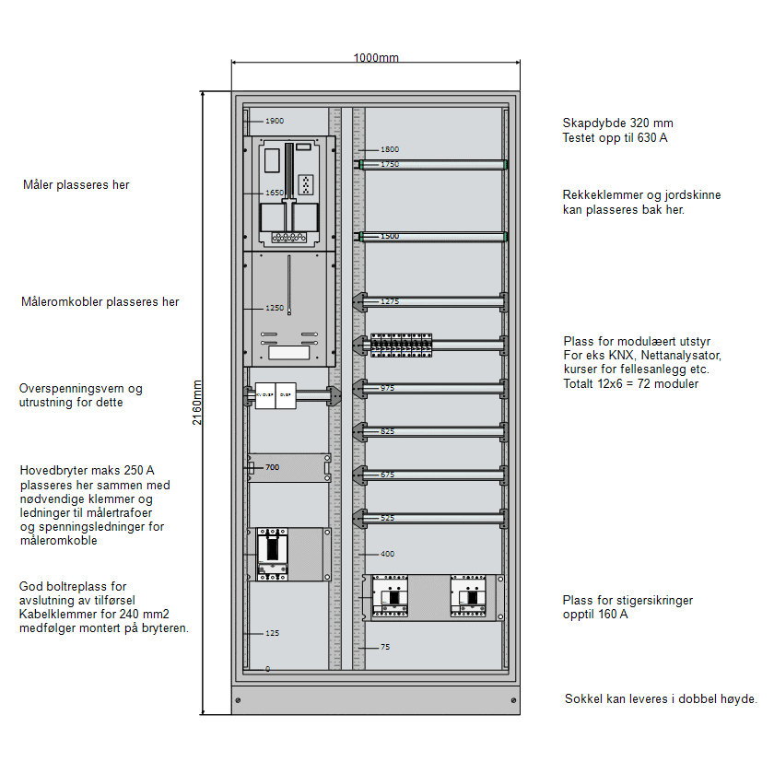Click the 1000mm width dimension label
(376, 58)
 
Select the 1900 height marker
(275, 121)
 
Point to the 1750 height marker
(390, 164)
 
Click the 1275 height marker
(390, 301)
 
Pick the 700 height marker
(272, 467)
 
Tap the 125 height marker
(272, 633)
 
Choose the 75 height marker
(385, 647)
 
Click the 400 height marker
(387, 554)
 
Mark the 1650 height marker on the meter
(275, 193)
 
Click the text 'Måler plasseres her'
(76, 185)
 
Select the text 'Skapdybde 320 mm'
(617, 123)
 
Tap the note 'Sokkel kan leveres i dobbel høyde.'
(661, 699)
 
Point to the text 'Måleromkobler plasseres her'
(100, 301)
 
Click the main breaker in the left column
(273, 554)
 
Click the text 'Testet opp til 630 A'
(615, 138)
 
